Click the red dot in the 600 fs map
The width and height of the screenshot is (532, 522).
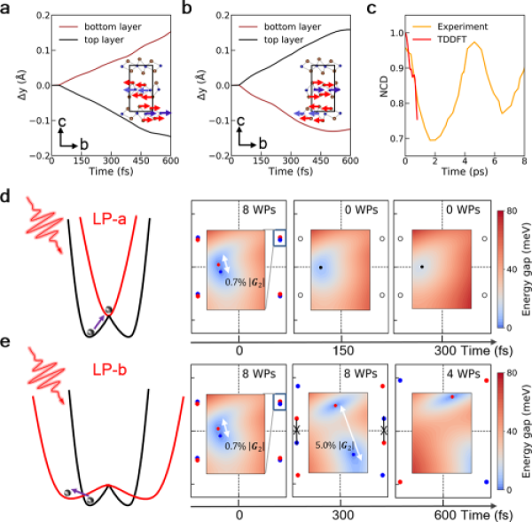point(453,397)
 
